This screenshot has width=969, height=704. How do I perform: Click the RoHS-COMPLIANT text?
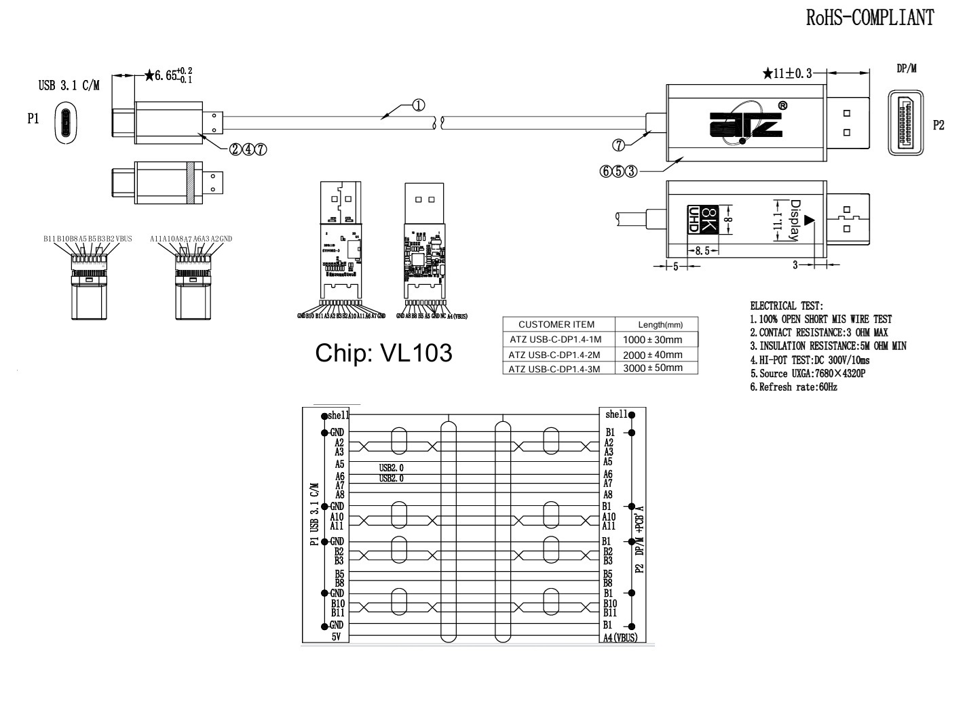[x=869, y=18]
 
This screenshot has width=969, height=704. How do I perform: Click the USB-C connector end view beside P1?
[x=66, y=123]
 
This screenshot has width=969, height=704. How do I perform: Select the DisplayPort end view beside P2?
[x=906, y=125]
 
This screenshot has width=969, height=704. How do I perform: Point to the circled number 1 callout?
[x=418, y=105]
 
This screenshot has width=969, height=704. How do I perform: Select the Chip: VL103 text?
[x=384, y=353]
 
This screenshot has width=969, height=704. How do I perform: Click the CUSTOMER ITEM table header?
[x=556, y=324]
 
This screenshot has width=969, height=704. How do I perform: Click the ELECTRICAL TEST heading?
[x=786, y=307]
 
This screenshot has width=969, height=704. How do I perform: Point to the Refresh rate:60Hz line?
[x=793, y=387]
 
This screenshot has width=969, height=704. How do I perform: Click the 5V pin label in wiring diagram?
[x=337, y=637]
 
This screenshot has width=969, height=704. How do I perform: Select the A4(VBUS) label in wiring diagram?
[x=620, y=638]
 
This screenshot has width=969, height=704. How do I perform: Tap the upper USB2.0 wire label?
[x=392, y=467]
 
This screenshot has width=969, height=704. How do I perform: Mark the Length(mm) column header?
[x=656, y=325]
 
